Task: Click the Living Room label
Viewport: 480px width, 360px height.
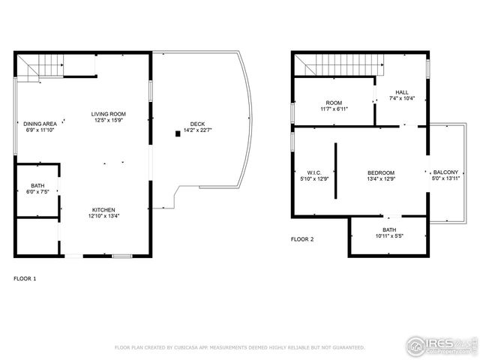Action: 109,113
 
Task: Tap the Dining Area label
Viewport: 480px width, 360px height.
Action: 40,124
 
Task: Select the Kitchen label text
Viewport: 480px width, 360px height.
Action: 103,209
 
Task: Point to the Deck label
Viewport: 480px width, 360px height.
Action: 197,124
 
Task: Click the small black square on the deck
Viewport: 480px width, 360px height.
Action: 178,133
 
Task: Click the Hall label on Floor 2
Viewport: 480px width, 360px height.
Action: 402,92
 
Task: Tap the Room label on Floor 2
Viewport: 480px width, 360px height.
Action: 334,103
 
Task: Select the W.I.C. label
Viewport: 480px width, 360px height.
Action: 314,172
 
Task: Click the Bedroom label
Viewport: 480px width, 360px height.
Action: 381,172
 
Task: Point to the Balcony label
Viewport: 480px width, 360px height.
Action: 445,172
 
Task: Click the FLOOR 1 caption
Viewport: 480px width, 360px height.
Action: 25,278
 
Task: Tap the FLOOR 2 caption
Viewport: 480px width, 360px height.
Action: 302,239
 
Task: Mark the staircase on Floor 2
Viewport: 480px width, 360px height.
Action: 334,67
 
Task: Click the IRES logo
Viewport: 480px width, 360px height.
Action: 439,346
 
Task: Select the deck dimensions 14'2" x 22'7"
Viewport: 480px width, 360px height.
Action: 197,130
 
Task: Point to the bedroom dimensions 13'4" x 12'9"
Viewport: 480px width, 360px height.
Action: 381,178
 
